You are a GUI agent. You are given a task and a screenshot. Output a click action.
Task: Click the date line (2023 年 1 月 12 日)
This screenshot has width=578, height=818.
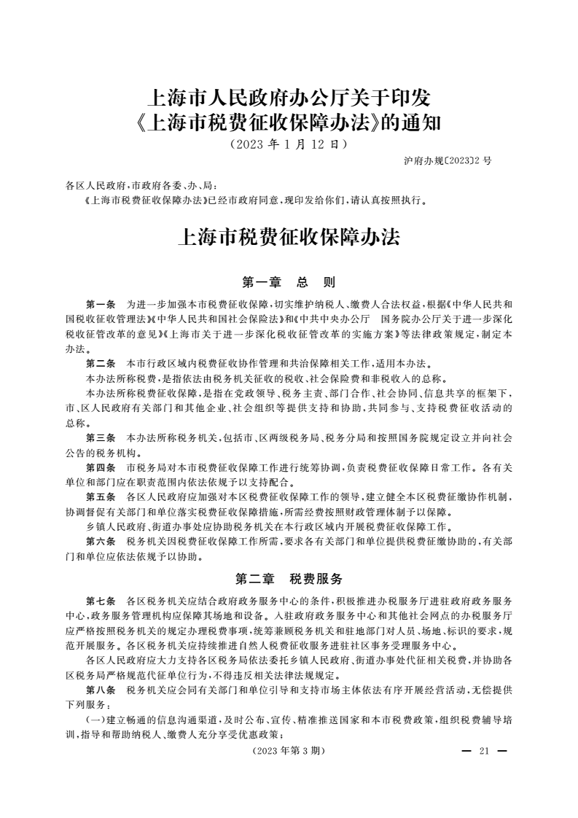pos(288,144)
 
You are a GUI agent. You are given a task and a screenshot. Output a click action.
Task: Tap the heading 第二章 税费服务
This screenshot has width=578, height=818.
pos(289,580)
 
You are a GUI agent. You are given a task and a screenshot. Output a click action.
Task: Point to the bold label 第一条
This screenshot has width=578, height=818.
pos(101,303)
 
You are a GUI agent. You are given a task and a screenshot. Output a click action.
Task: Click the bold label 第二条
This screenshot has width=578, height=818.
pos(101,362)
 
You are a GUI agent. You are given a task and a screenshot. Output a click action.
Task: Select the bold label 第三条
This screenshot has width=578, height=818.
pos(101,437)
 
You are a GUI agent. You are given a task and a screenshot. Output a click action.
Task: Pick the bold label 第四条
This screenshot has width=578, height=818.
pos(101,467)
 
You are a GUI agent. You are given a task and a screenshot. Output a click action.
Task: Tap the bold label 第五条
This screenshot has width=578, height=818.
pos(101,496)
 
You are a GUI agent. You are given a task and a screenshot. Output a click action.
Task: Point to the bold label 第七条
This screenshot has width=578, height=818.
pos(101,601)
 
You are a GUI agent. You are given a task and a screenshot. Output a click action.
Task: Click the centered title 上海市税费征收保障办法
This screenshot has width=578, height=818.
pos(289,238)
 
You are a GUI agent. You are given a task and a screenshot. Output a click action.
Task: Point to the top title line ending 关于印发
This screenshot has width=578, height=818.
pos(289,97)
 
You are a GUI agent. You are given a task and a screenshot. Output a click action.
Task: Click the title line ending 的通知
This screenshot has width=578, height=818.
pos(289,122)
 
